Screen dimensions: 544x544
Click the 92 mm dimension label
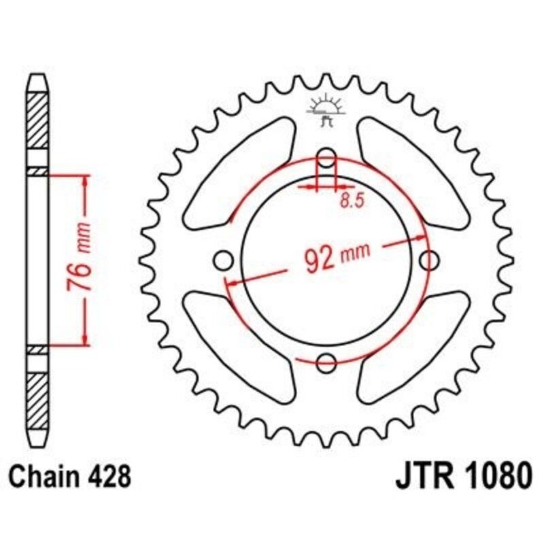pyautogui.click(x=333, y=258)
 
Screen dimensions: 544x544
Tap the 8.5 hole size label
pyautogui.click(x=349, y=201)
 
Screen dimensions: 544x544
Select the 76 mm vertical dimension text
pyautogui.click(x=80, y=259)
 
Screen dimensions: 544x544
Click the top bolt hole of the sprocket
pyautogui.click(x=327, y=159)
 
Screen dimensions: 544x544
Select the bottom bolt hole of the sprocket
pyautogui.click(x=327, y=362)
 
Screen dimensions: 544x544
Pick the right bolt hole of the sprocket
pyautogui.click(x=429, y=260)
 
